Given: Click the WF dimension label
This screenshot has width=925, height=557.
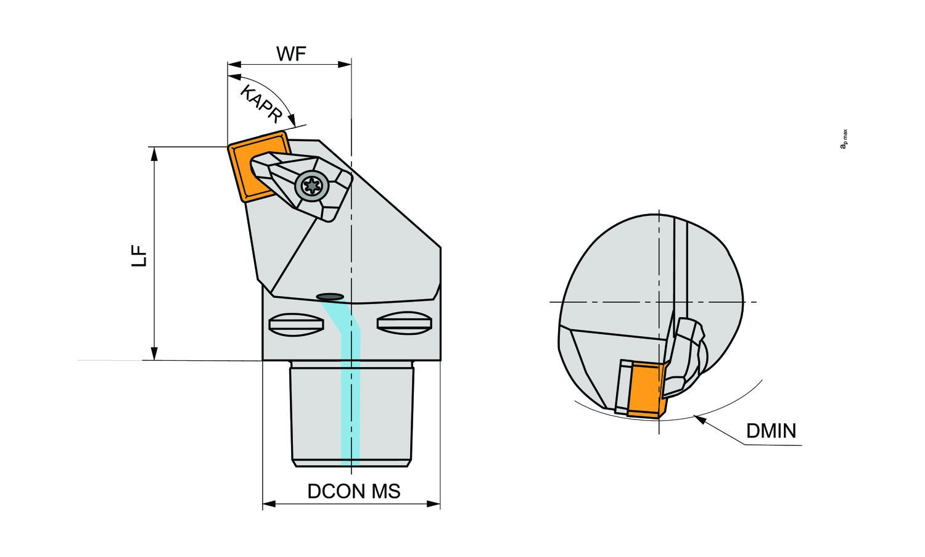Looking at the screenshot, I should pyautogui.click(x=291, y=54).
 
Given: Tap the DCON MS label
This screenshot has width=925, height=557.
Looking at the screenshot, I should pyautogui.click(x=354, y=491).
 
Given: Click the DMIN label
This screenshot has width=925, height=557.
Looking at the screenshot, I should pyautogui.click(x=771, y=430).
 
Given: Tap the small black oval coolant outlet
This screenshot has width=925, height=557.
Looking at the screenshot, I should pyautogui.click(x=330, y=296).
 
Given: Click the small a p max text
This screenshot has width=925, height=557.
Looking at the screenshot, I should pyautogui.click(x=844, y=139).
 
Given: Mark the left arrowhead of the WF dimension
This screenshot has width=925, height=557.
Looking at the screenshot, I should pyautogui.click(x=232, y=64).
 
